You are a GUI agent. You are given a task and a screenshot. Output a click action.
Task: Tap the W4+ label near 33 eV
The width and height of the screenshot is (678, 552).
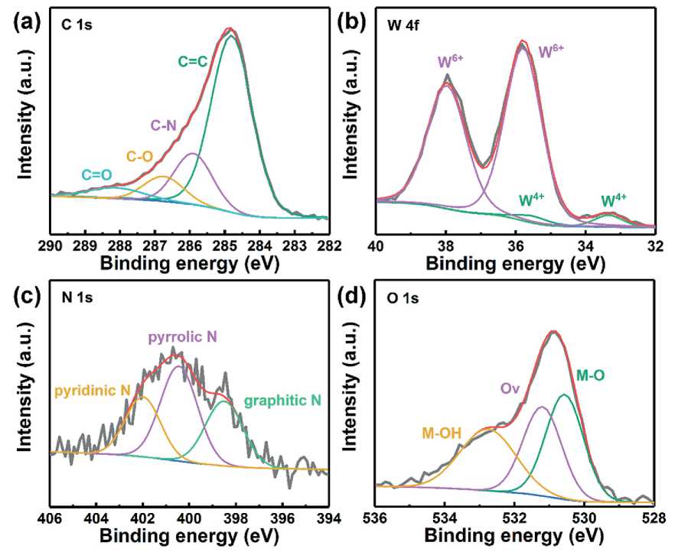coord(614,200)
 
